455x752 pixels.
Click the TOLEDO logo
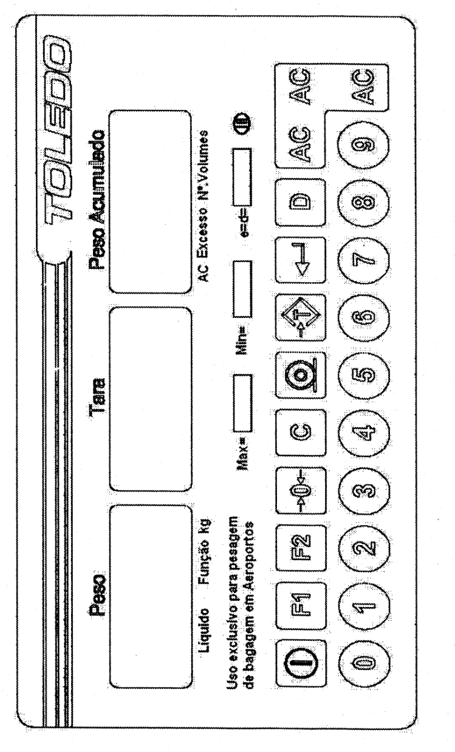coord(58,129)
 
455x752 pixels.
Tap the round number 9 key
coord(364,144)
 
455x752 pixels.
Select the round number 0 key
coord(364,663)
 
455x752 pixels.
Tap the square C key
coord(301,432)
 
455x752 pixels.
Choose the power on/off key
coord(301,663)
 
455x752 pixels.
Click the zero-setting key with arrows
coord(301,490)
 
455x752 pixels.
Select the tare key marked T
coord(301,317)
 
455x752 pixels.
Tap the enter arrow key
coord(301,260)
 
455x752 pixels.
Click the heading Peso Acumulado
coord(97,200)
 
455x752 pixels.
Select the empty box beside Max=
coord(242,403)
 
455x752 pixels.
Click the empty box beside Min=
coord(242,289)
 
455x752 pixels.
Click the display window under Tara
coord(151,399)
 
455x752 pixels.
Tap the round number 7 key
coord(364,260)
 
